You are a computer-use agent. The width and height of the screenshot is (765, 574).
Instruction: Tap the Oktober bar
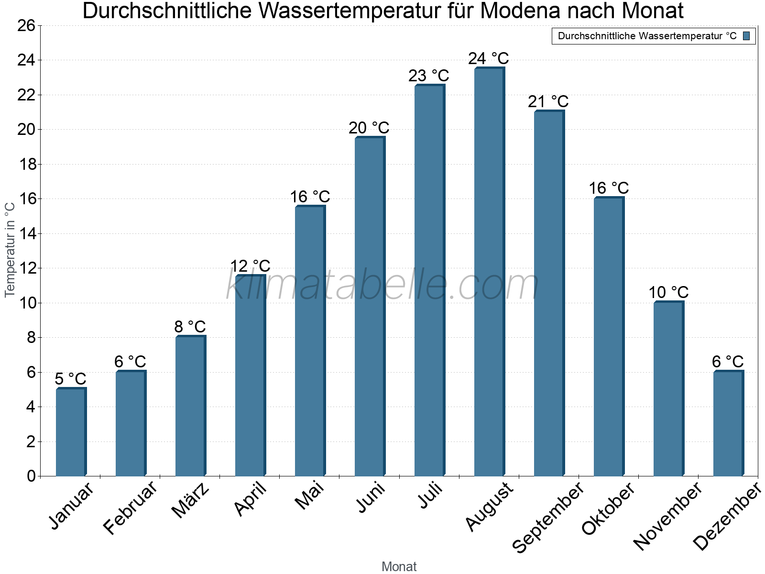[x=609, y=337]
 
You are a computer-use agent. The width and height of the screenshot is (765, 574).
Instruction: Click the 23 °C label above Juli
[x=429, y=76]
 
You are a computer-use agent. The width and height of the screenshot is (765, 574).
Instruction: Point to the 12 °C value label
[x=250, y=266]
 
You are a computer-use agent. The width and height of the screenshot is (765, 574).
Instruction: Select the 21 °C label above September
[x=548, y=101]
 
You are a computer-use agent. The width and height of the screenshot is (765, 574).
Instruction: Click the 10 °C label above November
[x=668, y=292]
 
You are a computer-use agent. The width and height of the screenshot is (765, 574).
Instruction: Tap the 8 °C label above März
[x=190, y=327]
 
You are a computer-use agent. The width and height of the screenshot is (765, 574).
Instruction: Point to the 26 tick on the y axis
[x=26, y=25]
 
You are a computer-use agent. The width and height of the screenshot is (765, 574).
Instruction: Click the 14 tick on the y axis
[x=26, y=233]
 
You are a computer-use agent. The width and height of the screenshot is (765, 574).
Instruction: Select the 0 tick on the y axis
[x=31, y=476]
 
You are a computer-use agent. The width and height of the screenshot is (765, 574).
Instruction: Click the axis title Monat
[x=399, y=566]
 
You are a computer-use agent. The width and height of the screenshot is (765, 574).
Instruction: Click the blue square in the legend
[x=746, y=36]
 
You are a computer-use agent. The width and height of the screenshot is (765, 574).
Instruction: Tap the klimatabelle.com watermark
[x=382, y=285]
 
